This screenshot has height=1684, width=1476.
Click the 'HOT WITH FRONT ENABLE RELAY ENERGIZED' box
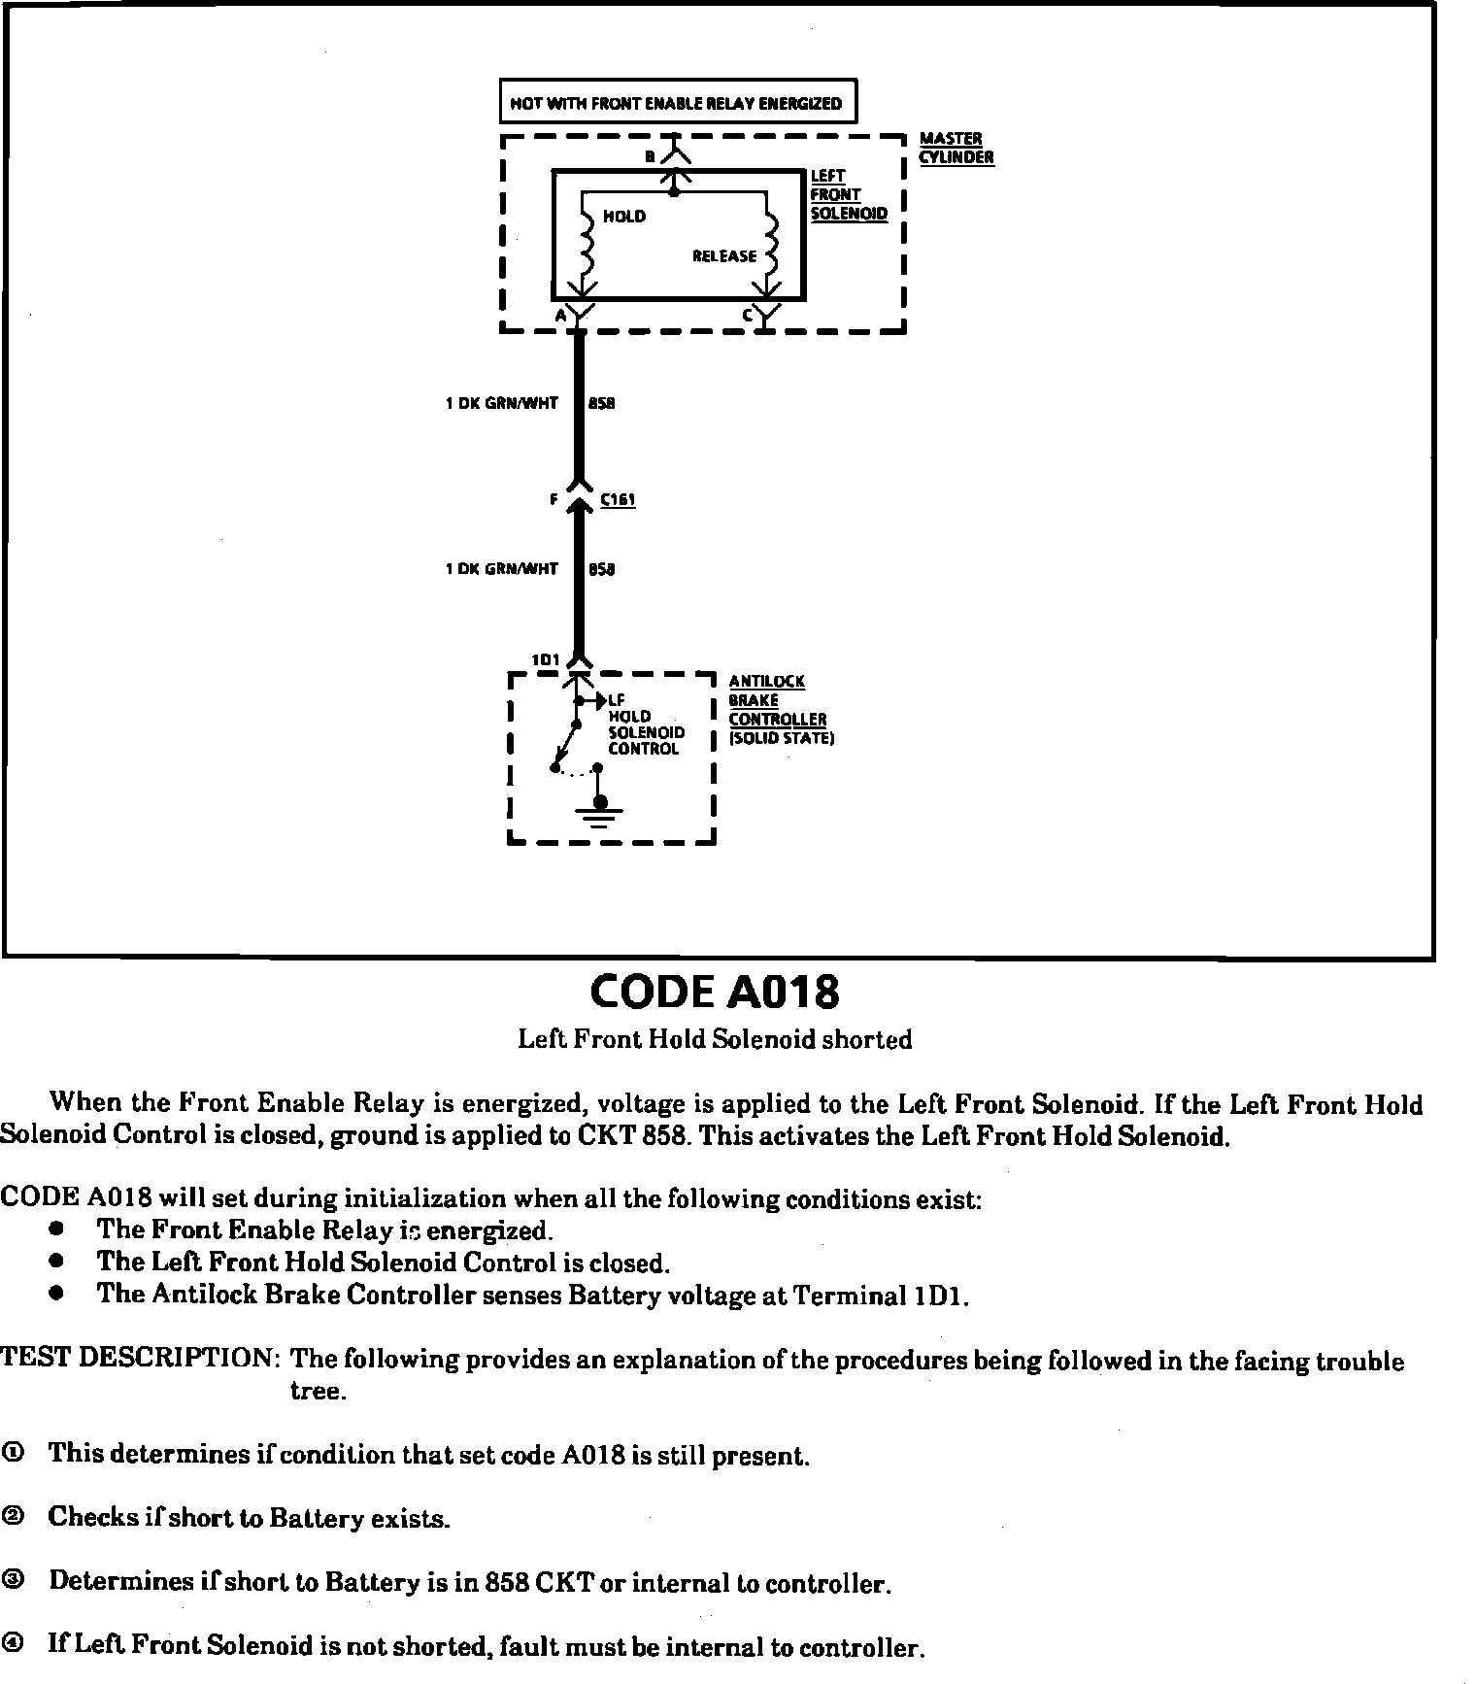pos(677,103)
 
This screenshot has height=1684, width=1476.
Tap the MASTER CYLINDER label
pos(956,149)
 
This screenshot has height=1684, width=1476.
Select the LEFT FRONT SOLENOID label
pos(848,195)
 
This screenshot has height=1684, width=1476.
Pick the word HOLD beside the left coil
pos(623,217)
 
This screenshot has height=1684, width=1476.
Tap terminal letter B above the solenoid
pos(651,155)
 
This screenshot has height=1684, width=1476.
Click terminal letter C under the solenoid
pos(747,315)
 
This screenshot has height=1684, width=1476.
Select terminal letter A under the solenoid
pos(560,316)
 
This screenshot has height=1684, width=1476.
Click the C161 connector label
pos(617,500)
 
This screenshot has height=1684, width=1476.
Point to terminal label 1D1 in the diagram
pos(545,660)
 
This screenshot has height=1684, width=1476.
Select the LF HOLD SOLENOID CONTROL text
pos(645,724)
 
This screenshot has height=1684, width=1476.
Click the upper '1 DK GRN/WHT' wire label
pos(501,403)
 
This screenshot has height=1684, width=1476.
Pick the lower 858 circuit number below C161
pos(601,569)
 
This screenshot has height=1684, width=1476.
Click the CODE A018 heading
pos(714,992)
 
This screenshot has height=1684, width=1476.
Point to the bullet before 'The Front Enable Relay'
pos(58,1229)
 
